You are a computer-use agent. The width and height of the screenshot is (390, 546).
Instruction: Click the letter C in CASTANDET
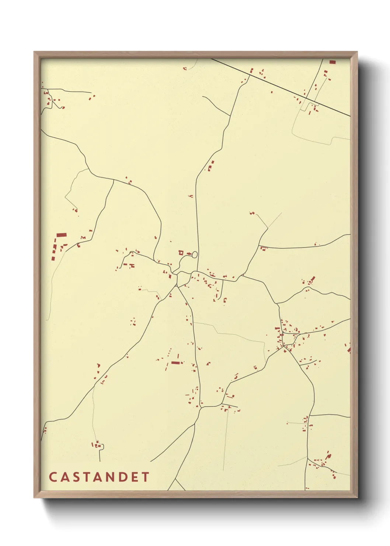(x=52, y=477)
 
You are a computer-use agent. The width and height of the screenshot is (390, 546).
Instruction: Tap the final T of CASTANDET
(x=146, y=477)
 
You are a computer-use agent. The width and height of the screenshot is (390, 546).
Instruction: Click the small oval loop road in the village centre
(x=194, y=254)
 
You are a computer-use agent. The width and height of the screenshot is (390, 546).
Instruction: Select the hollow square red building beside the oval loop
(x=181, y=253)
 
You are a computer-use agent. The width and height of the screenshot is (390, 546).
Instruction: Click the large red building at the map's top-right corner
(x=332, y=62)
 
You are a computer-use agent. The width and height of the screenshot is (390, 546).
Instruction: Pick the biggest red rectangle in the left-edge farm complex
(x=61, y=235)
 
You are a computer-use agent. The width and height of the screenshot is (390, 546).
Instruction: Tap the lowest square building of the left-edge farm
(x=53, y=258)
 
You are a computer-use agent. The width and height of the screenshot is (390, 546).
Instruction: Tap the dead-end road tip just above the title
(x=100, y=461)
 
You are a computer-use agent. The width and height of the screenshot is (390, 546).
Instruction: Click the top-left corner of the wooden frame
(x=34, y=52)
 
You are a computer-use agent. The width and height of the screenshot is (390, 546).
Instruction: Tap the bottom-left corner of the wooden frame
(x=34, y=497)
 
